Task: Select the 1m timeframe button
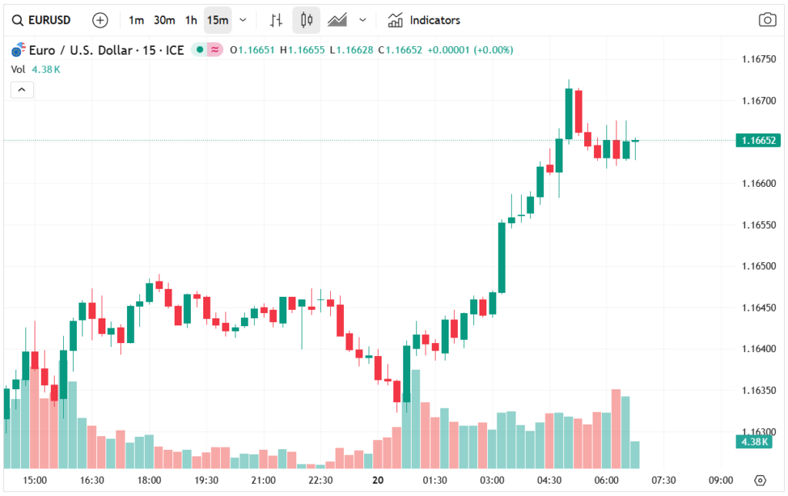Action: (136, 20)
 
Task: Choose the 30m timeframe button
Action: (164, 20)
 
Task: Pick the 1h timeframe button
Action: (191, 20)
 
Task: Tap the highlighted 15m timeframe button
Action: (217, 20)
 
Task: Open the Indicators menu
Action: (424, 20)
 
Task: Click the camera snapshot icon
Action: (766, 20)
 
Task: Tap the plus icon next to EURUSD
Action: (100, 20)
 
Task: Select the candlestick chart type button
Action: (306, 20)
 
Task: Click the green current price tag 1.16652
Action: (758, 140)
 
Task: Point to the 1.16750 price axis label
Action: (758, 59)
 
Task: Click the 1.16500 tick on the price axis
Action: (758, 266)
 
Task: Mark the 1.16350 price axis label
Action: (758, 391)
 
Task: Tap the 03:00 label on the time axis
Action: (492, 481)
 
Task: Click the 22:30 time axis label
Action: (320, 481)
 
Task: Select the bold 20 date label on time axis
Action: (377, 481)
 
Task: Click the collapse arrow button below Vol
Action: (22, 90)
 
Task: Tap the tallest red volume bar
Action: (616, 429)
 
